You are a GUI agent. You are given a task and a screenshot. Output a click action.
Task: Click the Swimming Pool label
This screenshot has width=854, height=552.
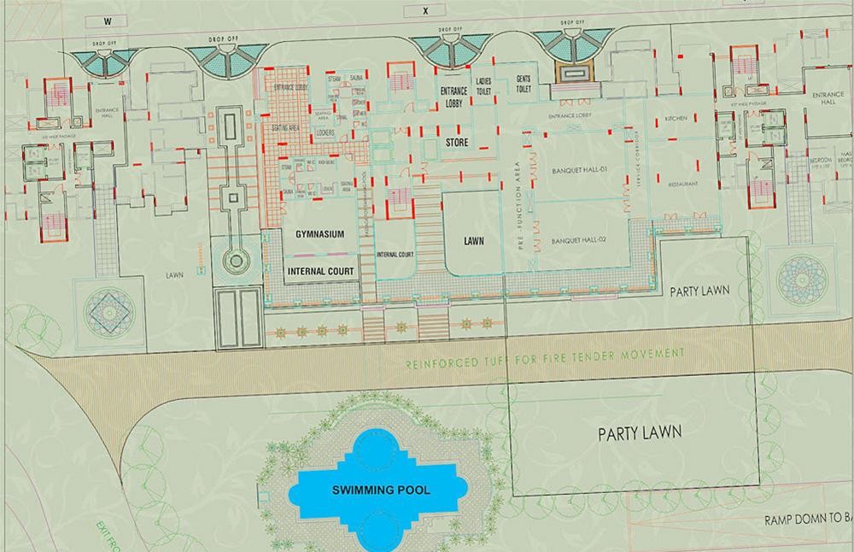(382, 490)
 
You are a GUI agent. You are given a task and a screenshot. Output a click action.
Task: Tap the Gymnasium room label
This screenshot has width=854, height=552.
(319, 233)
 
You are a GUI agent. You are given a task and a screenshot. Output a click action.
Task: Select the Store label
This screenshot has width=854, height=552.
(457, 142)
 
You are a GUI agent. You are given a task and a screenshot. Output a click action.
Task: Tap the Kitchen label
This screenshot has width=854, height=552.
(675, 119)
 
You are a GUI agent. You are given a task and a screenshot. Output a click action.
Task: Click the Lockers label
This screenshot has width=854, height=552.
(325, 133)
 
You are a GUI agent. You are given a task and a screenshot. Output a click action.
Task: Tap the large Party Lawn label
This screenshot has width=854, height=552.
(639, 432)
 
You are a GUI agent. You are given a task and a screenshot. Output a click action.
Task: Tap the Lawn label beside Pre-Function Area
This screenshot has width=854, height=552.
(474, 241)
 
